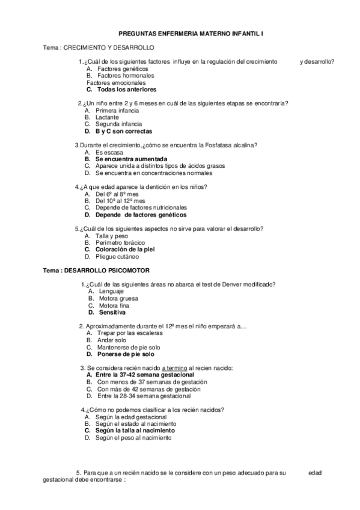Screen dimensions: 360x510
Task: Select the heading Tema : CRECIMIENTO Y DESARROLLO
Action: point(99,47)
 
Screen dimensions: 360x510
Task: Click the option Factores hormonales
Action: point(126,76)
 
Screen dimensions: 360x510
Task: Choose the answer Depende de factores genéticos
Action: point(141,214)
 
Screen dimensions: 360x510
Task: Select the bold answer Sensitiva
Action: point(112,312)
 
